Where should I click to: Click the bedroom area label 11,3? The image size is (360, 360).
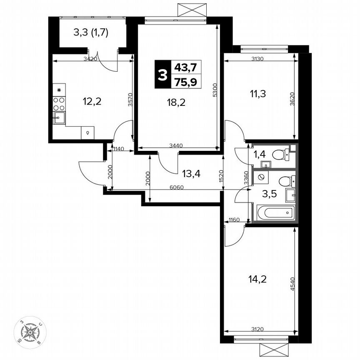258,93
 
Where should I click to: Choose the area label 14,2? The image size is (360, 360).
257,278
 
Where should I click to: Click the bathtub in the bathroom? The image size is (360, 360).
276,213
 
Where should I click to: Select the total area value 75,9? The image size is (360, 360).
186,82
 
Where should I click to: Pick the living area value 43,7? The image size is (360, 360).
186,67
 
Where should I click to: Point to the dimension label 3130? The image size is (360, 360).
257,59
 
